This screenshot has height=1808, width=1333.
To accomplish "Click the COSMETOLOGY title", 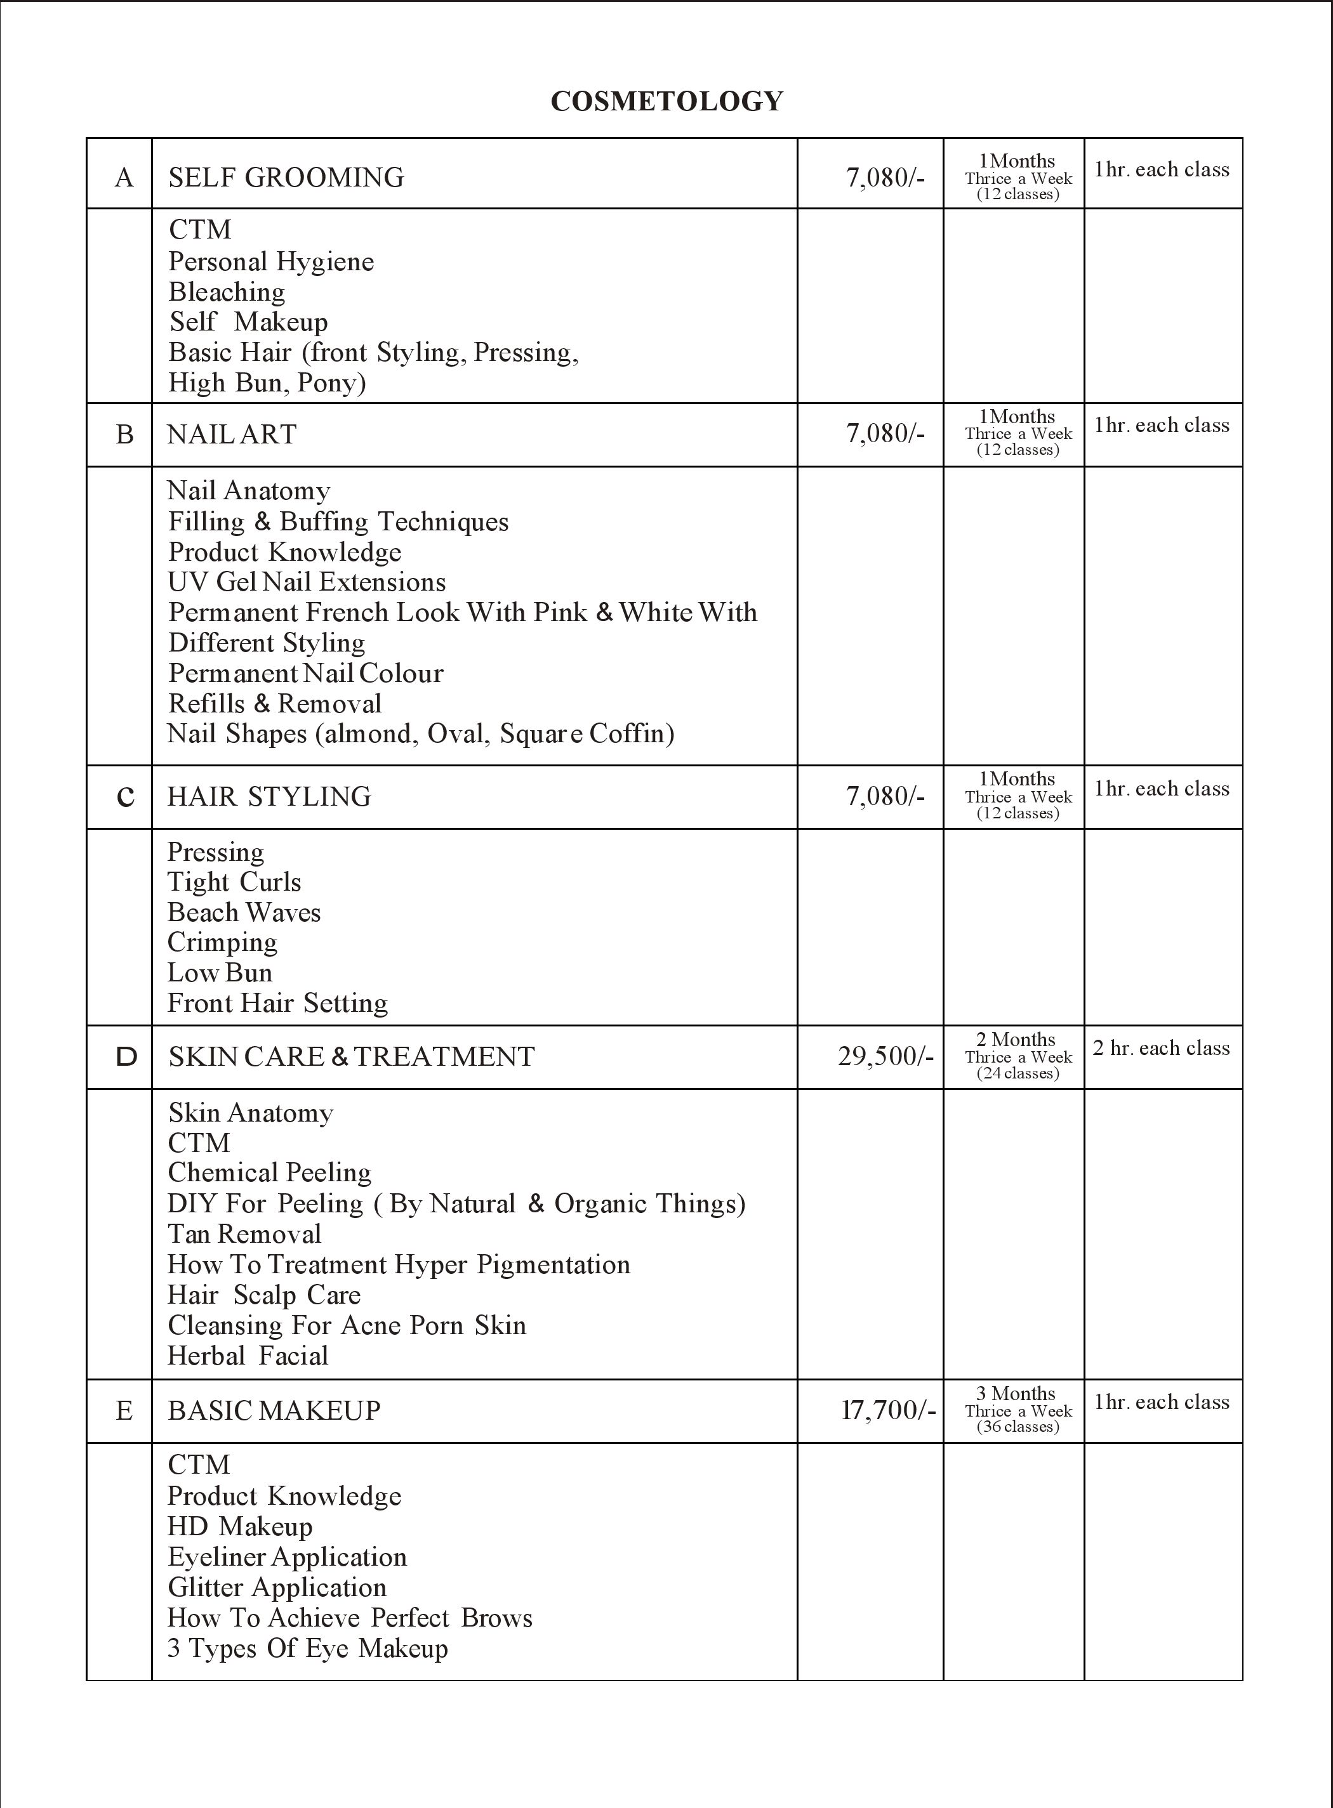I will (666, 101).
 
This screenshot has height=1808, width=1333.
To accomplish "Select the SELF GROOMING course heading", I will (286, 178).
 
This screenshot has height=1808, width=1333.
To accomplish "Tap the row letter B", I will (124, 435).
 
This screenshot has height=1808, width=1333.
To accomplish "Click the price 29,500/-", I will (885, 1056).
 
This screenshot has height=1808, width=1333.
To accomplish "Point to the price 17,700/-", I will (887, 1410).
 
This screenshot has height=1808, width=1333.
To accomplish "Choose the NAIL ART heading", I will (232, 435).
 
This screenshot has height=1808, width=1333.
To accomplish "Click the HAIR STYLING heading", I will (269, 797).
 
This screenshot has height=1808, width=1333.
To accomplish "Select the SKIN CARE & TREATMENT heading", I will (351, 1056).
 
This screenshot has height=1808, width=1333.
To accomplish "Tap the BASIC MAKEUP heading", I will (274, 1410).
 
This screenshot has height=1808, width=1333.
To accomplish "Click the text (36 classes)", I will (1018, 1427).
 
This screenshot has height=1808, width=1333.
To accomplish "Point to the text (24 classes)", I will (1018, 1073).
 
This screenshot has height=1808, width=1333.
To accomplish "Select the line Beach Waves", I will (244, 912).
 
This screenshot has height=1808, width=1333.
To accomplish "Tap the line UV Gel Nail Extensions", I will (307, 582).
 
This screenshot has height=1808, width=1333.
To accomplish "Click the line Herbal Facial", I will (248, 1356).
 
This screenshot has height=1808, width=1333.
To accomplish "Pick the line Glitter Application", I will (277, 1587).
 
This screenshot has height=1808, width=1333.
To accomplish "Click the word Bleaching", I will (227, 291).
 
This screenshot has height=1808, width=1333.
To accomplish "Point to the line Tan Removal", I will (244, 1234).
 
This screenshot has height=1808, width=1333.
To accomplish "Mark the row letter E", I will (124, 1410).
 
